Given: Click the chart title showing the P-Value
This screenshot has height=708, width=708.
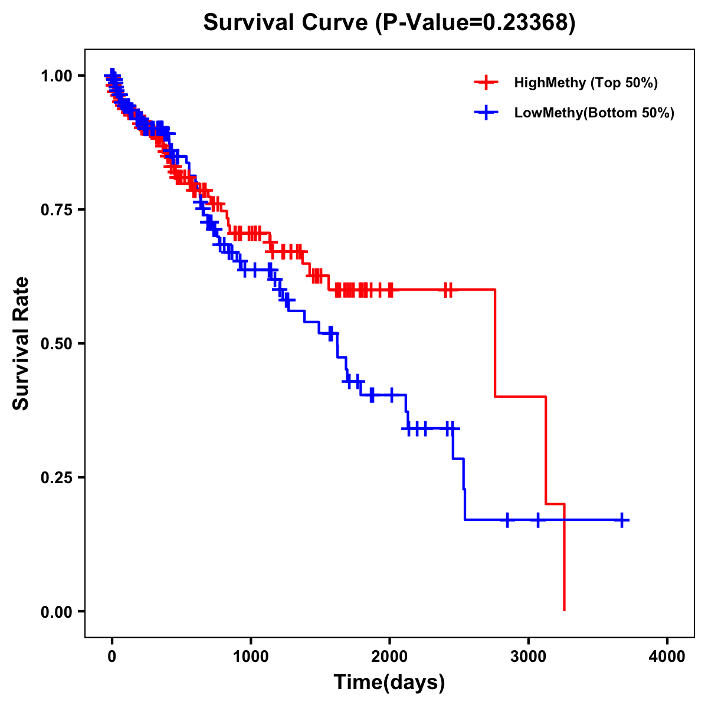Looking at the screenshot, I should (389, 23).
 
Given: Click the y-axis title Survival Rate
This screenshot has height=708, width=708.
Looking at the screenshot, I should (21, 343).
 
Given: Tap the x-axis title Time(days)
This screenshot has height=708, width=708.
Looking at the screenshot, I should (389, 682).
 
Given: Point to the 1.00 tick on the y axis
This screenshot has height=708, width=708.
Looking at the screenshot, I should (56, 76).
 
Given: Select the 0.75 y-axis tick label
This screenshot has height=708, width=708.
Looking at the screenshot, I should (56, 209).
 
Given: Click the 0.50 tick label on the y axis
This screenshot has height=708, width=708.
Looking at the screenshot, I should (56, 343).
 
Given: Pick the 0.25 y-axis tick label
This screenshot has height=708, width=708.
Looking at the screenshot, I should (56, 477).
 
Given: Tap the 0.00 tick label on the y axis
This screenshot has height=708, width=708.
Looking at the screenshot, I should (56, 611).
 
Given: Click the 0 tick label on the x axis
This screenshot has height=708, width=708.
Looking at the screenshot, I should (112, 657).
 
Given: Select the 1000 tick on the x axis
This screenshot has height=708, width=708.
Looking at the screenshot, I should (251, 657).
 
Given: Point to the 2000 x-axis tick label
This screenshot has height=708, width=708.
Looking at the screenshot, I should (389, 657).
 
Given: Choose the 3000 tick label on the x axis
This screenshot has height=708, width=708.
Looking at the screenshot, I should (528, 657).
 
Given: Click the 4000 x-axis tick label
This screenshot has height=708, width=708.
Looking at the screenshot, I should (667, 657).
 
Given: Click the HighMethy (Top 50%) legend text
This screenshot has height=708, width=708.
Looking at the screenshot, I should (586, 83).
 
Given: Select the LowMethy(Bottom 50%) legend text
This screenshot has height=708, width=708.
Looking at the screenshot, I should (594, 113).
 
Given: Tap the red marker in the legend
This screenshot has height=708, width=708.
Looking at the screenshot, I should (486, 83).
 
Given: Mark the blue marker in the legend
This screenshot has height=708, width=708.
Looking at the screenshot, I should (486, 113).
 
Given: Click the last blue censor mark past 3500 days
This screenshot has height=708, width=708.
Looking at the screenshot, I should (621, 520).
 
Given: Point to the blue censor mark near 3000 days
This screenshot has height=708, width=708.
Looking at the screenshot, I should (537, 520).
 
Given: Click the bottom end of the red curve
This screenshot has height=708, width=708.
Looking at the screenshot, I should (565, 609).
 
